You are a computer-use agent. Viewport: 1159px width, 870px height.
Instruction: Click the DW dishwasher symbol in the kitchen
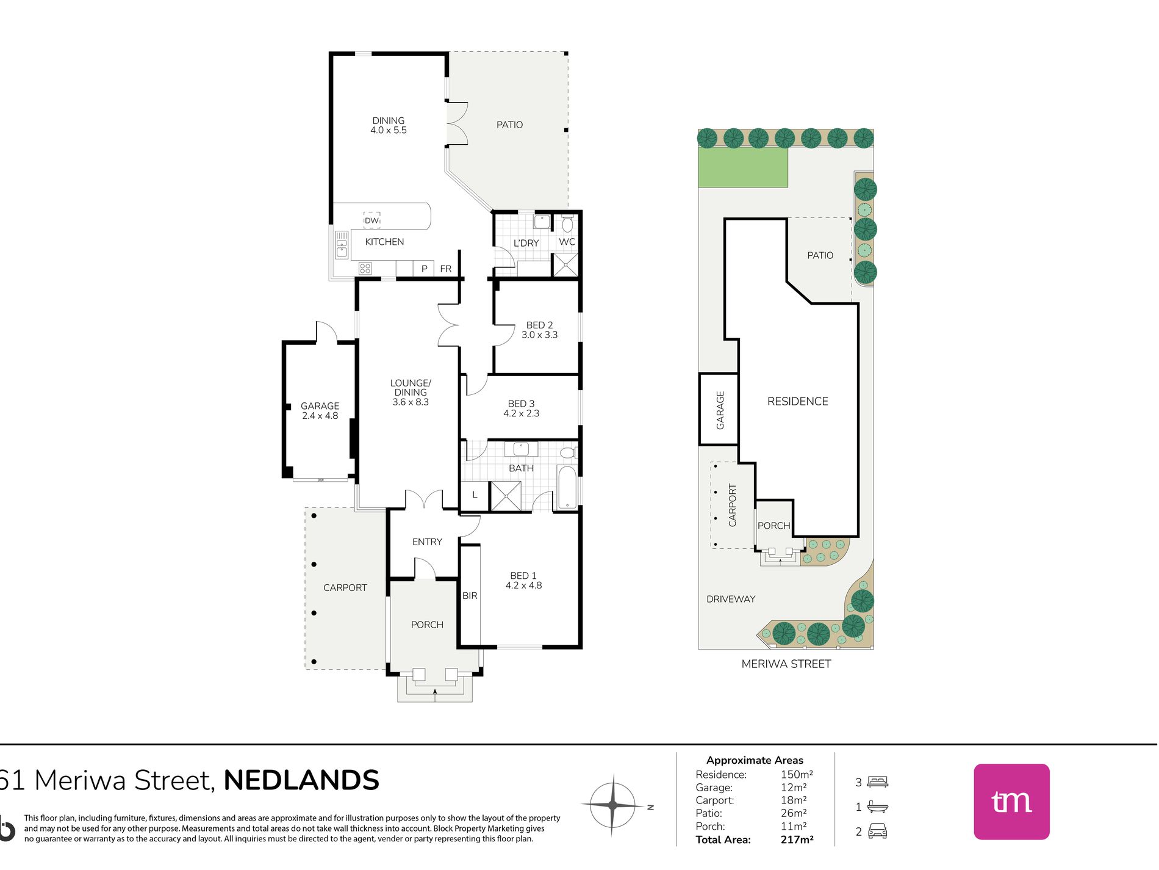pos(371,220)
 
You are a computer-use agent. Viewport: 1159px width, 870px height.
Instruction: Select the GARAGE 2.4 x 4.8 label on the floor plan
pos(320,411)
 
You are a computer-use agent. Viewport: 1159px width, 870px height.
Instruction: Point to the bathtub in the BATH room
pos(567,487)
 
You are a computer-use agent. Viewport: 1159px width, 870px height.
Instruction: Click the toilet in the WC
pos(567,223)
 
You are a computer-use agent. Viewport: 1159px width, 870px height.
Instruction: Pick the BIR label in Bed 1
pos(470,596)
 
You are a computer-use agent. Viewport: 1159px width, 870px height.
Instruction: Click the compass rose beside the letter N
pos(612,805)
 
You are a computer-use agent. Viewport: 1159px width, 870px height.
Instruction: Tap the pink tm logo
pos(1011,802)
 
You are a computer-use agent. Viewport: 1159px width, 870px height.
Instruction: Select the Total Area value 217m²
pos(797,839)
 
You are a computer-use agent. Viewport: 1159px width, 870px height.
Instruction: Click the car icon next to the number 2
pos(877,831)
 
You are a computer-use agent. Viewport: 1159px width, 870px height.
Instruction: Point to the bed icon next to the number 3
pos(878,781)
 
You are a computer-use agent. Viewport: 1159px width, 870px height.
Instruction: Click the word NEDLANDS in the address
pos(301,780)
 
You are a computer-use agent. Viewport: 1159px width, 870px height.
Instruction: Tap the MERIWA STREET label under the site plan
pos(786,664)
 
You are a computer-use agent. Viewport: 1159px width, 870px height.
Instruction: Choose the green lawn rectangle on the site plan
pos(743,167)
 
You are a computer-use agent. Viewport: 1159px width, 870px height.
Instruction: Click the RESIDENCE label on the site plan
pos(797,401)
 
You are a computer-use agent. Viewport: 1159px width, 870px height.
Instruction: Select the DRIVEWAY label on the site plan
pos(731,599)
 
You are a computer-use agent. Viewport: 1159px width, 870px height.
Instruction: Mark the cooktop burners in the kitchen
pos(365,268)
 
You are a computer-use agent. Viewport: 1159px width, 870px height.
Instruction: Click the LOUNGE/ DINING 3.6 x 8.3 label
pos(411,393)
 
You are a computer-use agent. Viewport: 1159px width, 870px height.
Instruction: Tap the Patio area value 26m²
pos(794,813)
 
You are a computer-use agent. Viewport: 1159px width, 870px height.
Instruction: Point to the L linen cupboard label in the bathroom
pos(475,495)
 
